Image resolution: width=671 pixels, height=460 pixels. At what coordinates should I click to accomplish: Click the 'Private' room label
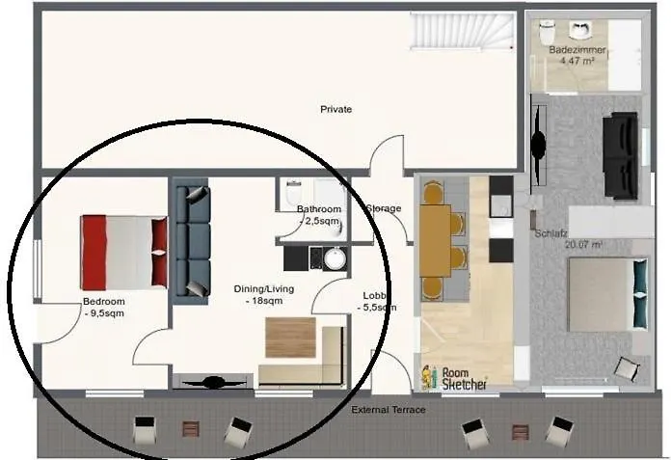[x=335, y=109]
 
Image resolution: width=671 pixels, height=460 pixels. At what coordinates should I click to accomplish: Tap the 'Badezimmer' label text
[x=571, y=48]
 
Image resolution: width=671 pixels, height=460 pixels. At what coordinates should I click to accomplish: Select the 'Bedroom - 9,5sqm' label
[x=103, y=307]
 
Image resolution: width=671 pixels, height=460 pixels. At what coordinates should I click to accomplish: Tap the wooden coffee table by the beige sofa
[x=290, y=338]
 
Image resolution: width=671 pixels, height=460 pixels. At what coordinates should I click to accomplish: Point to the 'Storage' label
[x=383, y=208]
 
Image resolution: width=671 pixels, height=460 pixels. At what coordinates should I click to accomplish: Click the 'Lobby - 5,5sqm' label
[x=378, y=301]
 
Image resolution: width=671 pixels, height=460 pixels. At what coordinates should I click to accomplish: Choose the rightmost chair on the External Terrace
[x=560, y=430]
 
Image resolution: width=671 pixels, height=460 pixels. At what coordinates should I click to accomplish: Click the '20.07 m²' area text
[x=584, y=245]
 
